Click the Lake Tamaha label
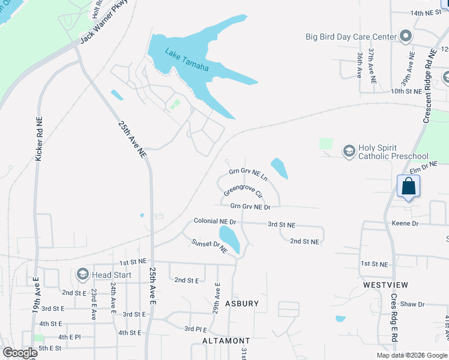(x=187, y=59)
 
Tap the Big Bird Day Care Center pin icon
(x=406, y=37)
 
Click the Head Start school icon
(x=82, y=275)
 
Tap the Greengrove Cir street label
(x=243, y=191)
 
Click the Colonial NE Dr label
(x=215, y=221)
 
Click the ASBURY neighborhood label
(x=242, y=304)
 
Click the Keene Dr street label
(x=405, y=223)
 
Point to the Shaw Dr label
(x=412, y=304)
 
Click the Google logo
(x=20, y=353)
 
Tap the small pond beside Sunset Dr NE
(x=230, y=239)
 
